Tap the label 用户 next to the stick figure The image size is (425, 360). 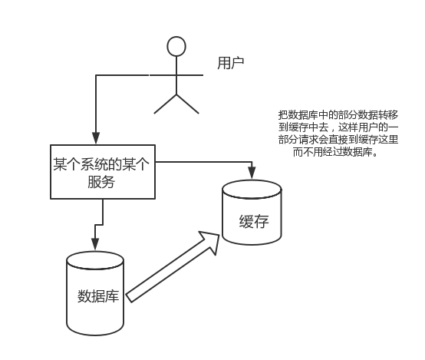(x=231, y=63)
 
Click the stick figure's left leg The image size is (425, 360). (x=166, y=104)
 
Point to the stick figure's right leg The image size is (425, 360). (x=187, y=104)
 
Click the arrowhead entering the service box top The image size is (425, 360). (x=96, y=138)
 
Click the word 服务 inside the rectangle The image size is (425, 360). (x=101, y=182)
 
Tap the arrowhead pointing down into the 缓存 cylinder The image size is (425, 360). (x=252, y=173)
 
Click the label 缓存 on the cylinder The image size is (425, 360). (x=254, y=222)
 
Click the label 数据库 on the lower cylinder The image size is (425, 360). (x=98, y=296)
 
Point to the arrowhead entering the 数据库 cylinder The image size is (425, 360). (x=95, y=244)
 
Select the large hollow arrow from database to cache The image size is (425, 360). (x=173, y=266)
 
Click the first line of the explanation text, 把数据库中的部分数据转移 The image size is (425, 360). (x=338, y=115)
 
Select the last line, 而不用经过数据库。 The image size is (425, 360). (x=335, y=152)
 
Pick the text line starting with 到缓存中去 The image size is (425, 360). (x=338, y=127)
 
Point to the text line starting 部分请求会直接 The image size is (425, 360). (x=338, y=140)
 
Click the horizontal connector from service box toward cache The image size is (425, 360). (x=204, y=162)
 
